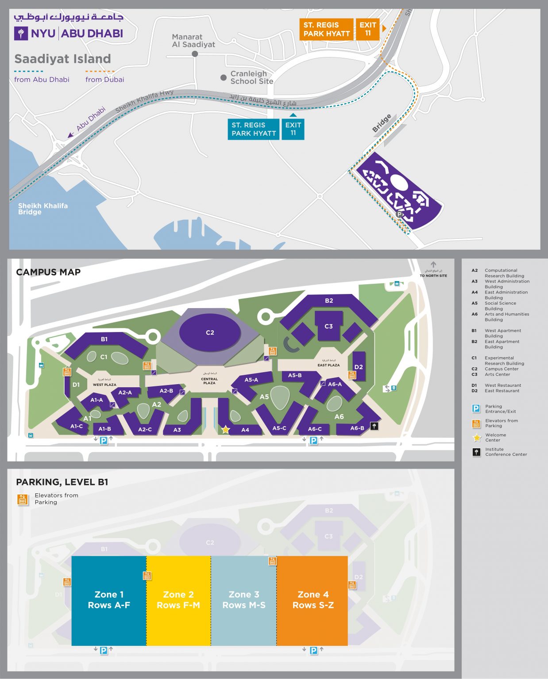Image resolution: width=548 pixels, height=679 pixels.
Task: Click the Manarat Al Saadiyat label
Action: (x=193, y=41)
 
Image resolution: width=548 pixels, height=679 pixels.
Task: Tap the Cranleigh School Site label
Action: (x=251, y=77)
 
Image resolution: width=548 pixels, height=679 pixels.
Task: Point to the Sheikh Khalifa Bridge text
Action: (x=42, y=209)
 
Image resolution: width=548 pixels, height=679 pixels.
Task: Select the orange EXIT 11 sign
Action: (x=367, y=29)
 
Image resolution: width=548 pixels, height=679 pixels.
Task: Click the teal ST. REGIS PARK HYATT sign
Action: (x=254, y=129)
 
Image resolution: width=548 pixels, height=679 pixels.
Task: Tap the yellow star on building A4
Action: (x=226, y=429)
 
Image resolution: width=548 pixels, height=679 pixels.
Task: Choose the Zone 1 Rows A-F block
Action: (x=109, y=600)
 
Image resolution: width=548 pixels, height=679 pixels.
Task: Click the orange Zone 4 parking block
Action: (x=313, y=600)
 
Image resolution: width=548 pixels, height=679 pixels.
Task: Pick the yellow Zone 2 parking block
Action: (x=178, y=600)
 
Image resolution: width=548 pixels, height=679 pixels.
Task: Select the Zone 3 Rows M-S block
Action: (x=244, y=600)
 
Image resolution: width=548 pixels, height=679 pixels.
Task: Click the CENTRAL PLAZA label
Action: (x=209, y=381)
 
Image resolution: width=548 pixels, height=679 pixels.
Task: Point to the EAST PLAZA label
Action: (x=328, y=365)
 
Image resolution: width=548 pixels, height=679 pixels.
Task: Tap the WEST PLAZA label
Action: (x=104, y=385)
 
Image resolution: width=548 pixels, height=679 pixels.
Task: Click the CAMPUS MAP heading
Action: (x=48, y=272)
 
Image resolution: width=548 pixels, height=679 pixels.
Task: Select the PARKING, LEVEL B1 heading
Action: (x=62, y=482)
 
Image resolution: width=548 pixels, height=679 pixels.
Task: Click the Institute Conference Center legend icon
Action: (x=476, y=452)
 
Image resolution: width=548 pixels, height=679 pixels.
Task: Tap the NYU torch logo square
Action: (x=21, y=34)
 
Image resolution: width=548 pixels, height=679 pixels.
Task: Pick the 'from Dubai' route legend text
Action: (x=104, y=80)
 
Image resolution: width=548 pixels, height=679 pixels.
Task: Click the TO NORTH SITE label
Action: (x=433, y=275)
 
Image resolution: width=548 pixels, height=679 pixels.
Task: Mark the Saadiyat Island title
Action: (x=62, y=59)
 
